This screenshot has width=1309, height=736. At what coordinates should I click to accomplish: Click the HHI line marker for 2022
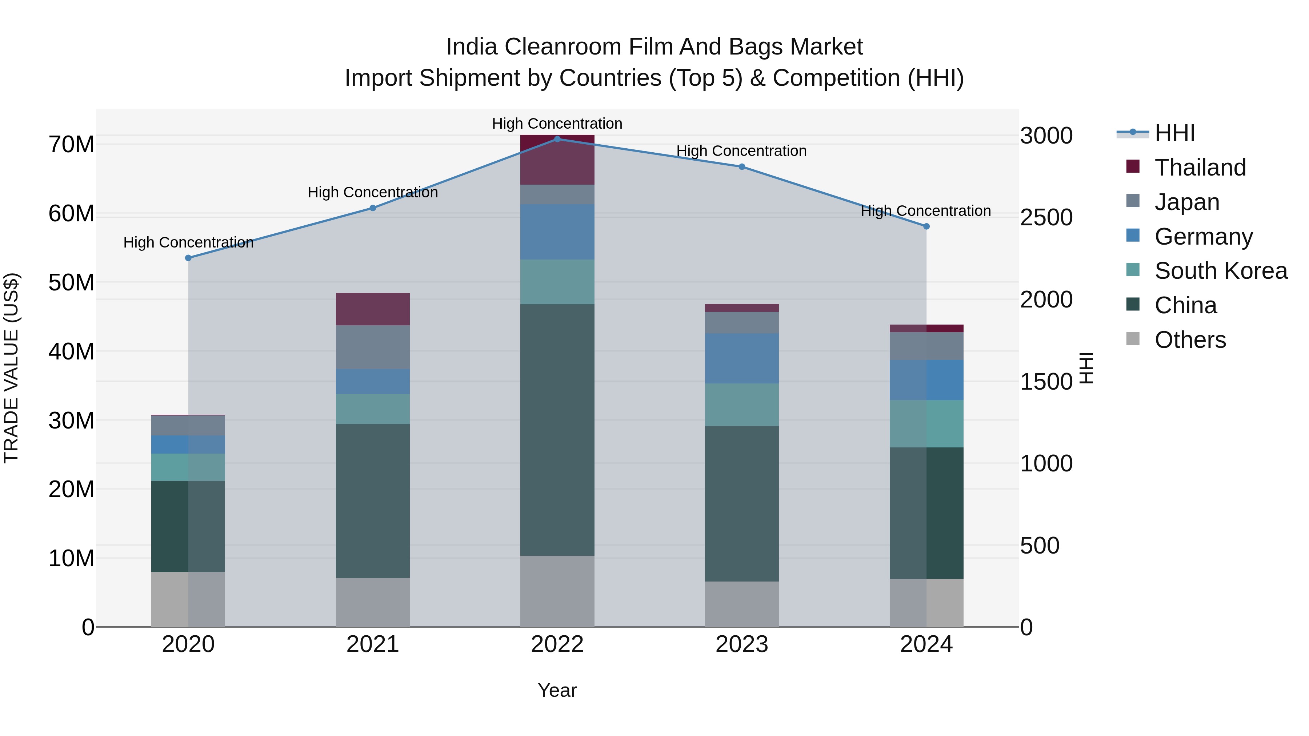pos(557,139)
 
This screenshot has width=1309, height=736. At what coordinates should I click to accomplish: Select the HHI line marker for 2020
pos(188,258)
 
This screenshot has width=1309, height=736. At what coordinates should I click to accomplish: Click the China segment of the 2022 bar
pos(557,429)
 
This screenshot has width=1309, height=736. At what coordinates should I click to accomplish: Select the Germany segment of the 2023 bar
pos(741,358)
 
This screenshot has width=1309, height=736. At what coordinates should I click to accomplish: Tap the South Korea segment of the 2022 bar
pos(557,282)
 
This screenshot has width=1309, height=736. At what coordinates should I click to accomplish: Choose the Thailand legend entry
pos(1200,168)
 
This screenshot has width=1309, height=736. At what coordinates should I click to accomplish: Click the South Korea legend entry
pos(1221,271)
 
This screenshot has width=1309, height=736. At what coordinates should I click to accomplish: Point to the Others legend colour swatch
pos(1133,339)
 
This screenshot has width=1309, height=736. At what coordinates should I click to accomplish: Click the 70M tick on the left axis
pos(71,145)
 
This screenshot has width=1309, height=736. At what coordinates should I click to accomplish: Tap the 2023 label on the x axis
pos(741,644)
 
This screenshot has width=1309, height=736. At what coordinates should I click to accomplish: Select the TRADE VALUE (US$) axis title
pos(11,368)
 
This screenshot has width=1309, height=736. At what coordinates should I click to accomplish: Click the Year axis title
pos(557,690)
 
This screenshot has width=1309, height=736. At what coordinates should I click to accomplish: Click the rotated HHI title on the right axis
pos(1086,368)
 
